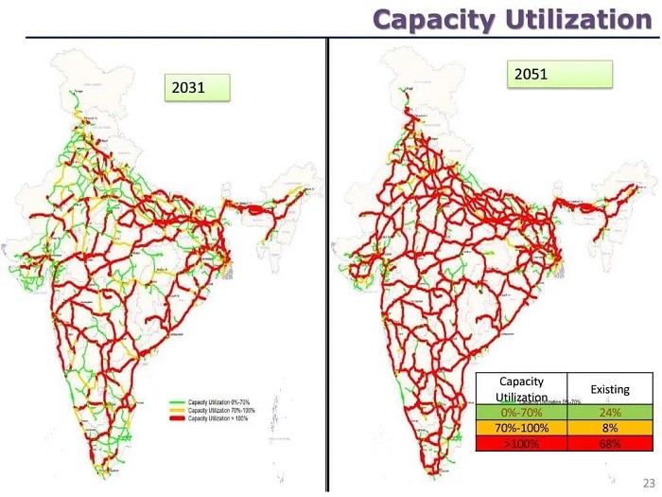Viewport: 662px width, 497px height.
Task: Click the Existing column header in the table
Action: tap(610, 389)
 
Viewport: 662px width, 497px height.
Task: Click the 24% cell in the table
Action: tap(610, 413)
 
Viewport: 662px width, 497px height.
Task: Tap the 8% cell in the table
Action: tap(610, 428)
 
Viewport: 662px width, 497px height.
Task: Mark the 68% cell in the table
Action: tap(610, 443)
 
